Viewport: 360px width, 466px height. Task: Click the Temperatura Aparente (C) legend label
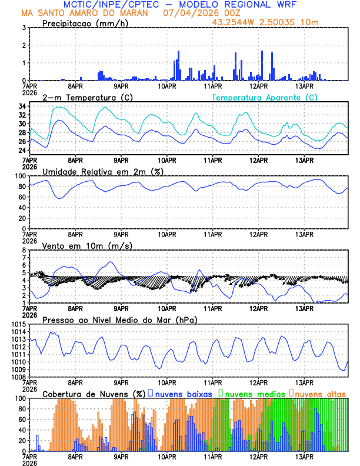click(265, 97)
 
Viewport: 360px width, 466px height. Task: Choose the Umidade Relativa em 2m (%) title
click(103, 171)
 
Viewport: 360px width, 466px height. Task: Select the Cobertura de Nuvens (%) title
click(94, 394)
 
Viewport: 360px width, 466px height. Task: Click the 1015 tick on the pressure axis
click(17, 325)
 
